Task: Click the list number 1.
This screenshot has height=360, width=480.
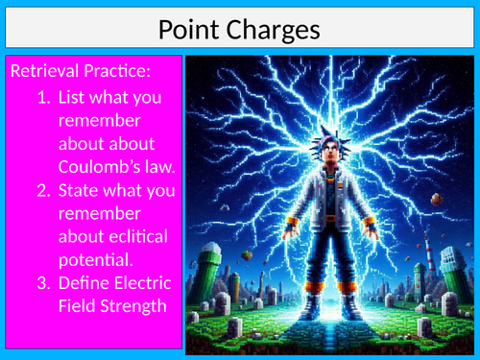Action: [45, 98]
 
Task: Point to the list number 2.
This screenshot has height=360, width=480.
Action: [45, 189]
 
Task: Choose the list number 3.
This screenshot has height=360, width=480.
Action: [45, 281]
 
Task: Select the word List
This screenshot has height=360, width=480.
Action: [73, 98]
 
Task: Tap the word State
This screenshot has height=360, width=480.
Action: [80, 189]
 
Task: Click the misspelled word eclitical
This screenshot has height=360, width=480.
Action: [141, 235]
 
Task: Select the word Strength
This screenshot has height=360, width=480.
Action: [136, 304]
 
